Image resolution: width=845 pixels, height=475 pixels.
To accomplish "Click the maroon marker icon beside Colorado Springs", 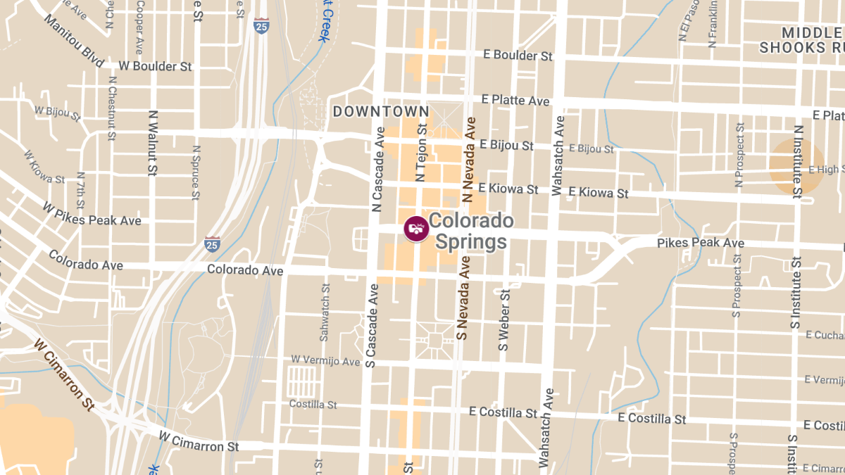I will pyautogui.click(x=416, y=228).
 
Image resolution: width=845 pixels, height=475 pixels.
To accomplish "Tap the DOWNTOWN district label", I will pyautogui.click(x=380, y=111).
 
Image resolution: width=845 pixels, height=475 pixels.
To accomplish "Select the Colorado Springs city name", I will pyautogui.click(x=471, y=232).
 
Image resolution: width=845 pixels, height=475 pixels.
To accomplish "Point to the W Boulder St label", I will pyautogui.click(x=156, y=66).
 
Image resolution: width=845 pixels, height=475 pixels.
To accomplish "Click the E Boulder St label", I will pyautogui.click(x=518, y=55).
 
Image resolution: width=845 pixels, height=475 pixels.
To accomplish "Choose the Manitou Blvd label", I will pyautogui.click(x=73, y=42).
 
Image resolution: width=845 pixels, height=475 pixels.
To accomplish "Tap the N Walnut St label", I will pyautogui.click(x=152, y=142).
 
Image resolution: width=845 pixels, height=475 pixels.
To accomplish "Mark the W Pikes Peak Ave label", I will pyautogui.click(x=92, y=215).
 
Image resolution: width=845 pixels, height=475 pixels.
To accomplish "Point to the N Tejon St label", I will pyautogui.click(x=423, y=153).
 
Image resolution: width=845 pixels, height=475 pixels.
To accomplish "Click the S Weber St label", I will pyautogui.click(x=503, y=319).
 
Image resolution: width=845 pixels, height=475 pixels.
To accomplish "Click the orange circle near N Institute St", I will pyautogui.click(x=796, y=167).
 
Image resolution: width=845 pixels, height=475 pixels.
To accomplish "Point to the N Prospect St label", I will pyautogui.click(x=739, y=155).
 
